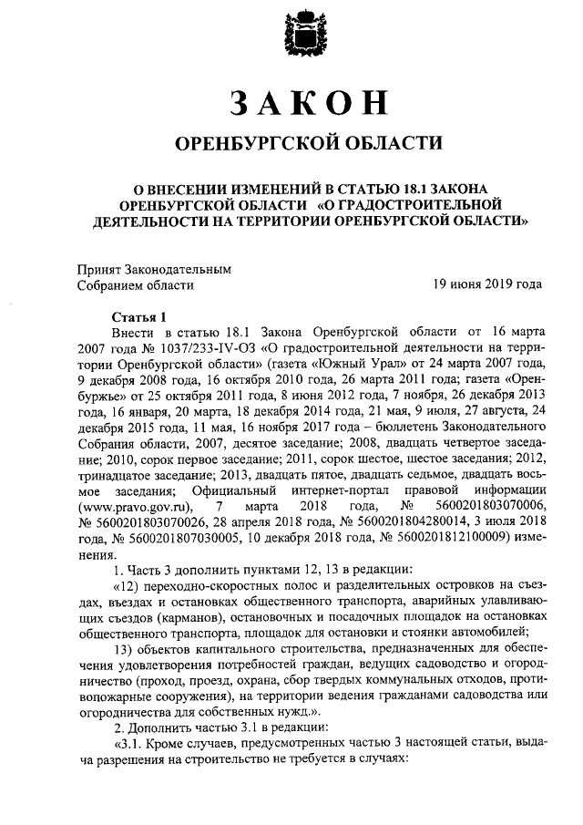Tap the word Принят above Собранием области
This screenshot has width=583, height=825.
(102, 269)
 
